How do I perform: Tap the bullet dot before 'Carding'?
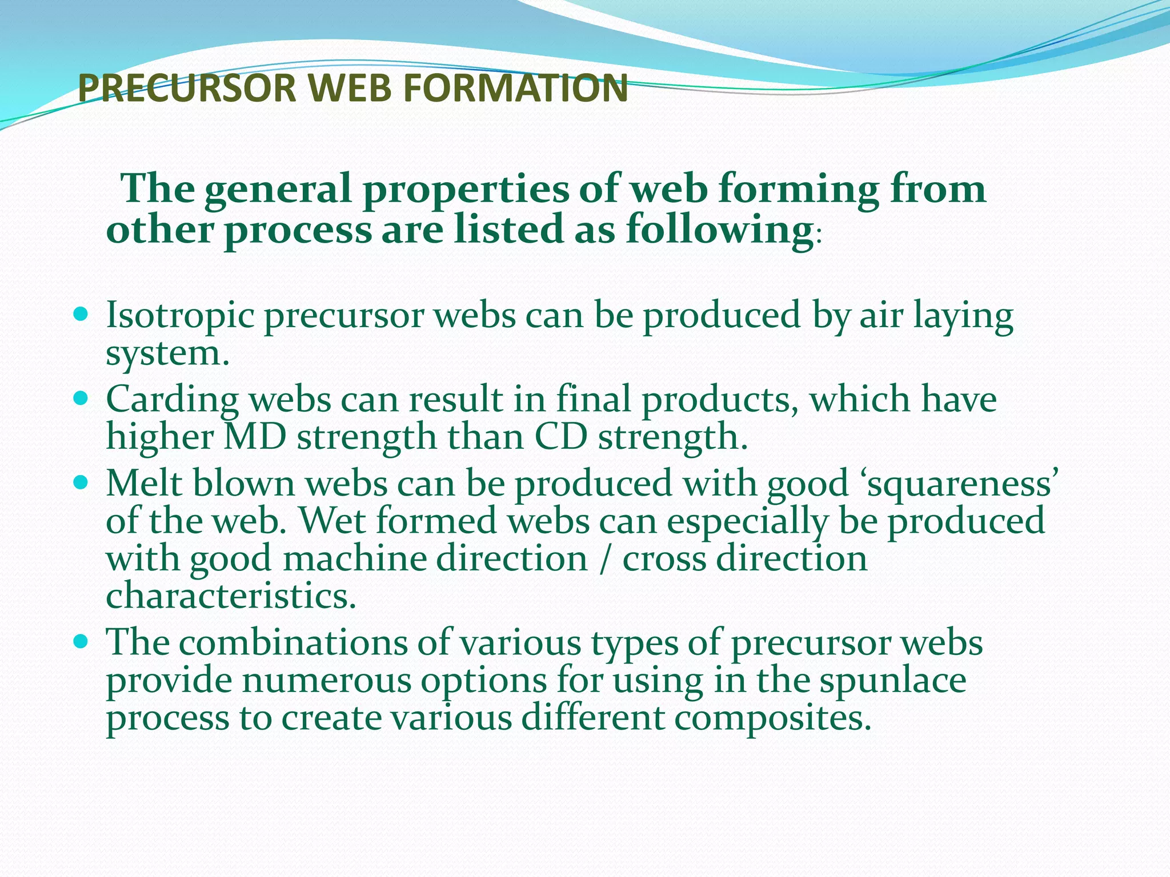(82, 397)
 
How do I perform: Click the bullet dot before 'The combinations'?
(82, 641)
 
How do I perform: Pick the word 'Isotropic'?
(180, 316)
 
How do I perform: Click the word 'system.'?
(167, 354)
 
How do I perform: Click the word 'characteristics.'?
(231, 596)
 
